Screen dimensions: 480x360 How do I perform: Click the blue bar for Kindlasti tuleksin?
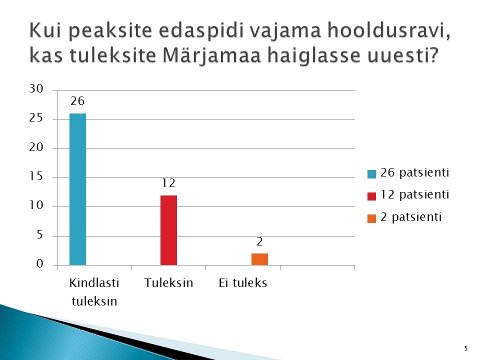pyautogui.click(x=78, y=189)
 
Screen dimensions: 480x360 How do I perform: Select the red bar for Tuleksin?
pyautogui.click(x=168, y=230)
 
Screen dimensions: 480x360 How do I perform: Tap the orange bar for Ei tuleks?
pyautogui.click(x=259, y=259)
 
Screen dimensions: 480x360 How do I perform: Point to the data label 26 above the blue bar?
pyautogui.click(x=77, y=101)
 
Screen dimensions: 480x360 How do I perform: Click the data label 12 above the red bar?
pyautogui.click(x=168, y=183)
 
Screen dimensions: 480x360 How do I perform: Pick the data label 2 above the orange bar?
pyautogui.click(x=259, y=242)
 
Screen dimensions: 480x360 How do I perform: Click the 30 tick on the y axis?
pyautogui.click(x=36, y=89)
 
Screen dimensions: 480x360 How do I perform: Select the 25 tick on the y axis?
pyautogui.click(x=36, y=118)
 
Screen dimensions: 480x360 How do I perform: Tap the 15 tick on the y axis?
pyautogui.click(x=36, y=176)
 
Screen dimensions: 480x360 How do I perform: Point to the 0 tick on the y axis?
pyautogui.click(x=40, y=263)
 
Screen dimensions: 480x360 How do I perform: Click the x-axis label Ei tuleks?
pyautogui.click(x=243, y=282)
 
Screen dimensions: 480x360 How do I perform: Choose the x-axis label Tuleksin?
pyautogui.click(x=168, y=282)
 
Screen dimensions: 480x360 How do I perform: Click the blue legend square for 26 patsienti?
pyautogui.click(x=371, y=174)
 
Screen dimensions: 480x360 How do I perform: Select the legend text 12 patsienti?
pyautogui.click(x=415, y=194)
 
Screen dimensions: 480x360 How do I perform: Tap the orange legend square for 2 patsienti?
pyautogui.click(x=371, y=218)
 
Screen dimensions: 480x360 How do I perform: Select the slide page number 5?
pyautogui.click(x=466, y=348)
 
